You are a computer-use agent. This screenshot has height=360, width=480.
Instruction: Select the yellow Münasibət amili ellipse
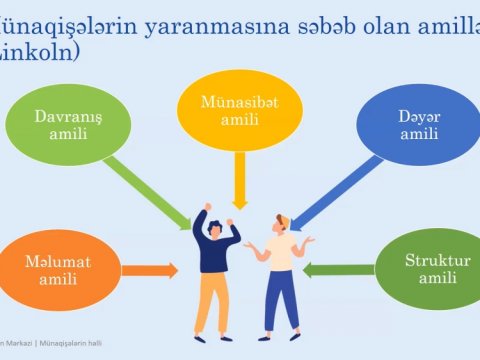pyautogui.click(x=239, y=109)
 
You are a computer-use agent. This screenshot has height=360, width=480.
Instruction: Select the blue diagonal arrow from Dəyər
pyautogui.click(x=330, y=190)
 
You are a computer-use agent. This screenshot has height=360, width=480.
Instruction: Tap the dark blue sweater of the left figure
pyautogui.click(x=215, y=250)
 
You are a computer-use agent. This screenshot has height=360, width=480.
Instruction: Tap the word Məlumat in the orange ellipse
pyautogui.click(x=57, y=262)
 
